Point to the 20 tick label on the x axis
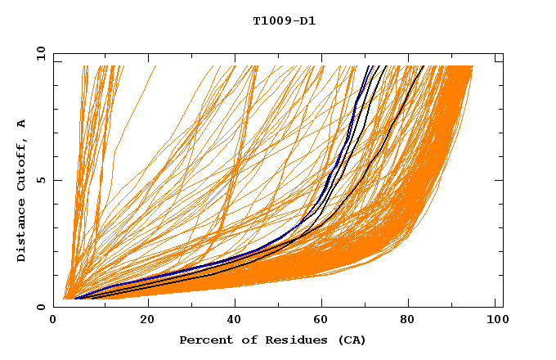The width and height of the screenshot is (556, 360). point(147,321)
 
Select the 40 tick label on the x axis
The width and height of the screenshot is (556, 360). point(235,321)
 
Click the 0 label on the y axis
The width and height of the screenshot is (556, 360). point(40,308)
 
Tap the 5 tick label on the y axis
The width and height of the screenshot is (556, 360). point(40,180)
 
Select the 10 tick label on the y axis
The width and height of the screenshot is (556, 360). point(38,53)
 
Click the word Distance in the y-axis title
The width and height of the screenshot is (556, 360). point(21,232)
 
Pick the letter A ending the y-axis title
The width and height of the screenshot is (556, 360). point(21,124)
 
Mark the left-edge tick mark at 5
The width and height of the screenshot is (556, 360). point(56,180)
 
